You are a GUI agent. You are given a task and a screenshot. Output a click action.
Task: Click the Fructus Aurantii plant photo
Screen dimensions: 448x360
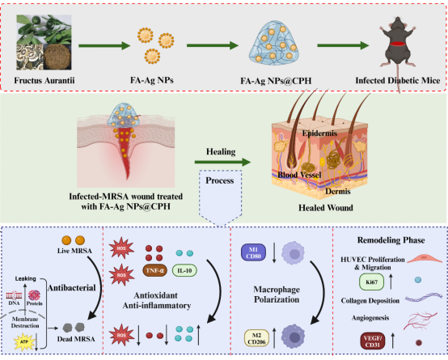pyautogui.click(x=44, y=42)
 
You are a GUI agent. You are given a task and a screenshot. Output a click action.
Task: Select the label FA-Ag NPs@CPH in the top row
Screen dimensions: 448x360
pyautogui.click(x=276, y=81)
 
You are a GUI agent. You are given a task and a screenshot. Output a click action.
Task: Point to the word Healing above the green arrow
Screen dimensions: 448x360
pyautogui.click(x=221, y=151)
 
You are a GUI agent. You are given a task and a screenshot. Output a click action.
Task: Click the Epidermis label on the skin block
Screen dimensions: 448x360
pyautogui.click(x=319, y=133)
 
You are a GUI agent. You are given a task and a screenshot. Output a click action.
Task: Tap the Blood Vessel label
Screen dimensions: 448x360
pyautogui.click(x=300, y=175)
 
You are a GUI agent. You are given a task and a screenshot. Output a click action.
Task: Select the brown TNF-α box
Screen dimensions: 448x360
pyautogui.click(x=154, y=270)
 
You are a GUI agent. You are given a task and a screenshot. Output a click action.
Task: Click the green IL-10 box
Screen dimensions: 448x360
pyautogui.click(x=184, y=270)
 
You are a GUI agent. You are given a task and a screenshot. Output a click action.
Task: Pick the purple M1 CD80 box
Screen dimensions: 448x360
pyautogui.click(x=253, y=253)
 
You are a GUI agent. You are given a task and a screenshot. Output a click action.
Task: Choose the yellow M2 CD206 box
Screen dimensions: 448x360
pyautogui.click(x=256, y=338)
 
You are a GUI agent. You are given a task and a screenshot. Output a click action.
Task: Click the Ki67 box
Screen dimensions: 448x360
pyautogui.click(x=371, y=282)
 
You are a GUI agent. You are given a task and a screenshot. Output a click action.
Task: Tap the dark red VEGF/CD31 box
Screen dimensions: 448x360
pyautogui.click(x=373, y=341)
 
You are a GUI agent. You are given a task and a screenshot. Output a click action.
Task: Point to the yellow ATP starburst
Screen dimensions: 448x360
pyautogui.click(x=24, y=341)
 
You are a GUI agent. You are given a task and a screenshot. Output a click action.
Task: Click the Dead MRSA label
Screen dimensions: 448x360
pyautogui.click(x=76, y=339)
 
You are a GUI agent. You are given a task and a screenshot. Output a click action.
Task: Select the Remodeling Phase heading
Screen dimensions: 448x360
pyautogui.click(x=391, y=240)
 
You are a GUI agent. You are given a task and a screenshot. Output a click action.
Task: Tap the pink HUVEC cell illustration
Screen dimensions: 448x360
pyautogui.click(x=425, y=259)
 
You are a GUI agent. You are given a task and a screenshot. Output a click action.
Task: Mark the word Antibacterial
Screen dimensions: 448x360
pyautogui.click(x=72, y=288)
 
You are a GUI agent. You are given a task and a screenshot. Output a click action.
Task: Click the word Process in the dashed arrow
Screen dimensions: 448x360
pyautogui.click(x=220, y=180)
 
